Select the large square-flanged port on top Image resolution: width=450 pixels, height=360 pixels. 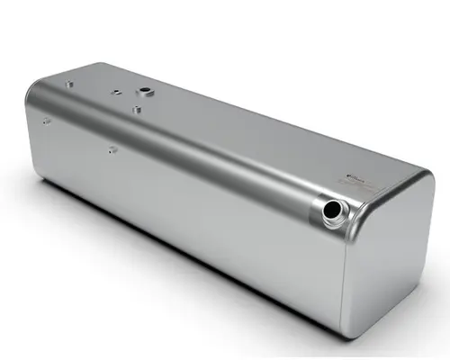[143, 92]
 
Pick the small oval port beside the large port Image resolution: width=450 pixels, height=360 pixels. [115, 90]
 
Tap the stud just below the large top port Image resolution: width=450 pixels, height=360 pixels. [135, 110]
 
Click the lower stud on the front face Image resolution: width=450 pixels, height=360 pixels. [111, 149]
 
